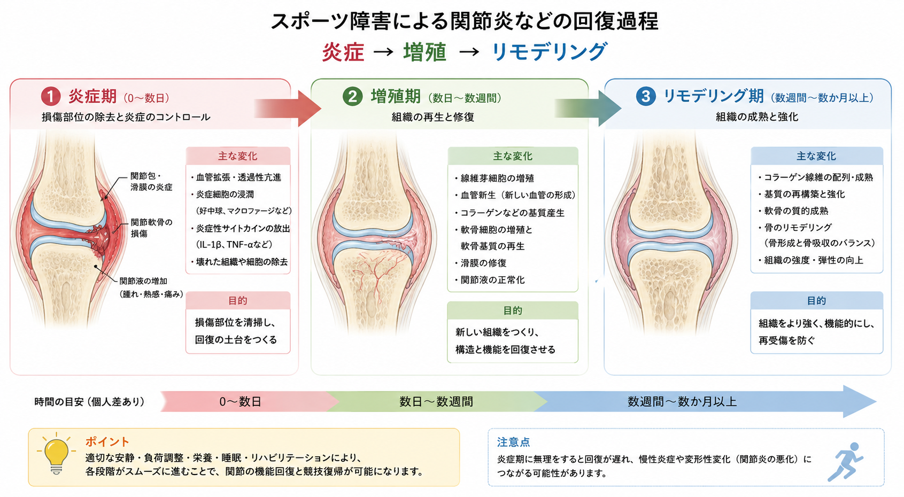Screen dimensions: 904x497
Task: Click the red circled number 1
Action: pyautogui.click(x=51, y=97)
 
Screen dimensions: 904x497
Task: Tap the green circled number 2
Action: pyautogui.click(x=352, y=97)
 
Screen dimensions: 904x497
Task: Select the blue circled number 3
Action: pyautogui.click(x=646, y=97)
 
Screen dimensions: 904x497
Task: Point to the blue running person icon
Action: pyautogui.click(x=845, y=461)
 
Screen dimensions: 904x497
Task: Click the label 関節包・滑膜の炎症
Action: pyautogui.click(x=151, y=182)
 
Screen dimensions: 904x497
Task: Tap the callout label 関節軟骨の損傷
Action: pyautogui.click(x=151, y=228)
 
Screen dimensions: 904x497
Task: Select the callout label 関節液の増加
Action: pyautogui.click(x=143, y=281)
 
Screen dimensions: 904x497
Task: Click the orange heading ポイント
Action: pyautogui.click(x=107, y=442)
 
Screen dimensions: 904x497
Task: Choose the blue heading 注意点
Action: pyautogui.click(x=513, y=442)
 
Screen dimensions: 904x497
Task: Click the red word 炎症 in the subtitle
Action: pyautogui.click(x=343, y=52)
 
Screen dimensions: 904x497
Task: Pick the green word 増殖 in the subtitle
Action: pyautogui.click(x=425, y=52)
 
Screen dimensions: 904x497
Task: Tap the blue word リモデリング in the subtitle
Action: pyautogui.click(x=549, y=52)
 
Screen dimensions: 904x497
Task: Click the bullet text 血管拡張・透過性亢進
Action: pyautogui.click(x=238, y=177)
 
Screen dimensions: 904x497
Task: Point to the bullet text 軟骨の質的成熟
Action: pyautogui.click(x=796, y=211)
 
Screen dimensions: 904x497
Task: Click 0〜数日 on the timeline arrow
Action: pyautogui.click(x=241, y=402)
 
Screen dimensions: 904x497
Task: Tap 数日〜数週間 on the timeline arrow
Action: pyautogui.click(x=436, y=402)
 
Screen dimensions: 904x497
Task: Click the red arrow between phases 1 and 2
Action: pyautogui.click(x=288, y=108)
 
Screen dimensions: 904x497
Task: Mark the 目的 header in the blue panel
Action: pyautogui.click(x=816, y=300)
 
